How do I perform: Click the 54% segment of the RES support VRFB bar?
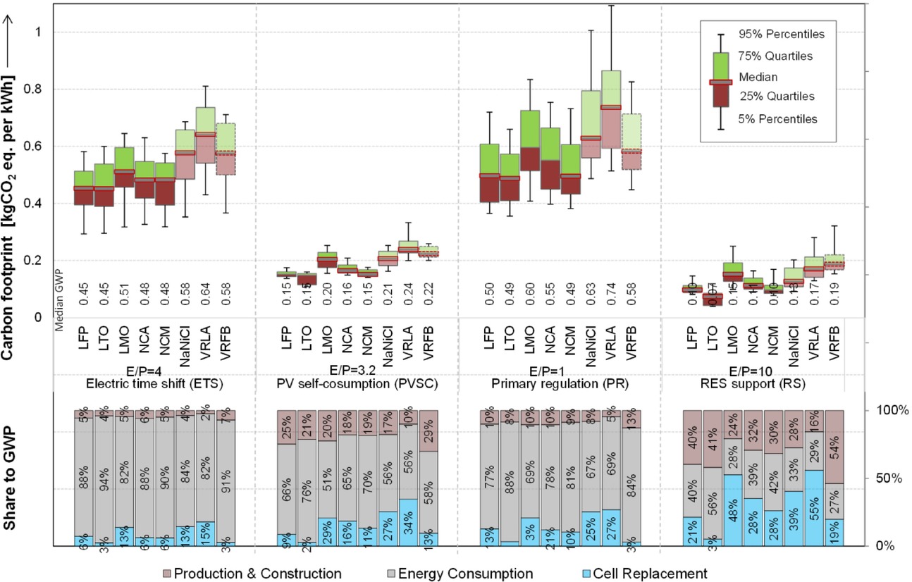click(x=835, y=447)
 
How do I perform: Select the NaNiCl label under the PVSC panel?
click(x=388, y=340)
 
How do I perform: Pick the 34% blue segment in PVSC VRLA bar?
click(x=408, y=522)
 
